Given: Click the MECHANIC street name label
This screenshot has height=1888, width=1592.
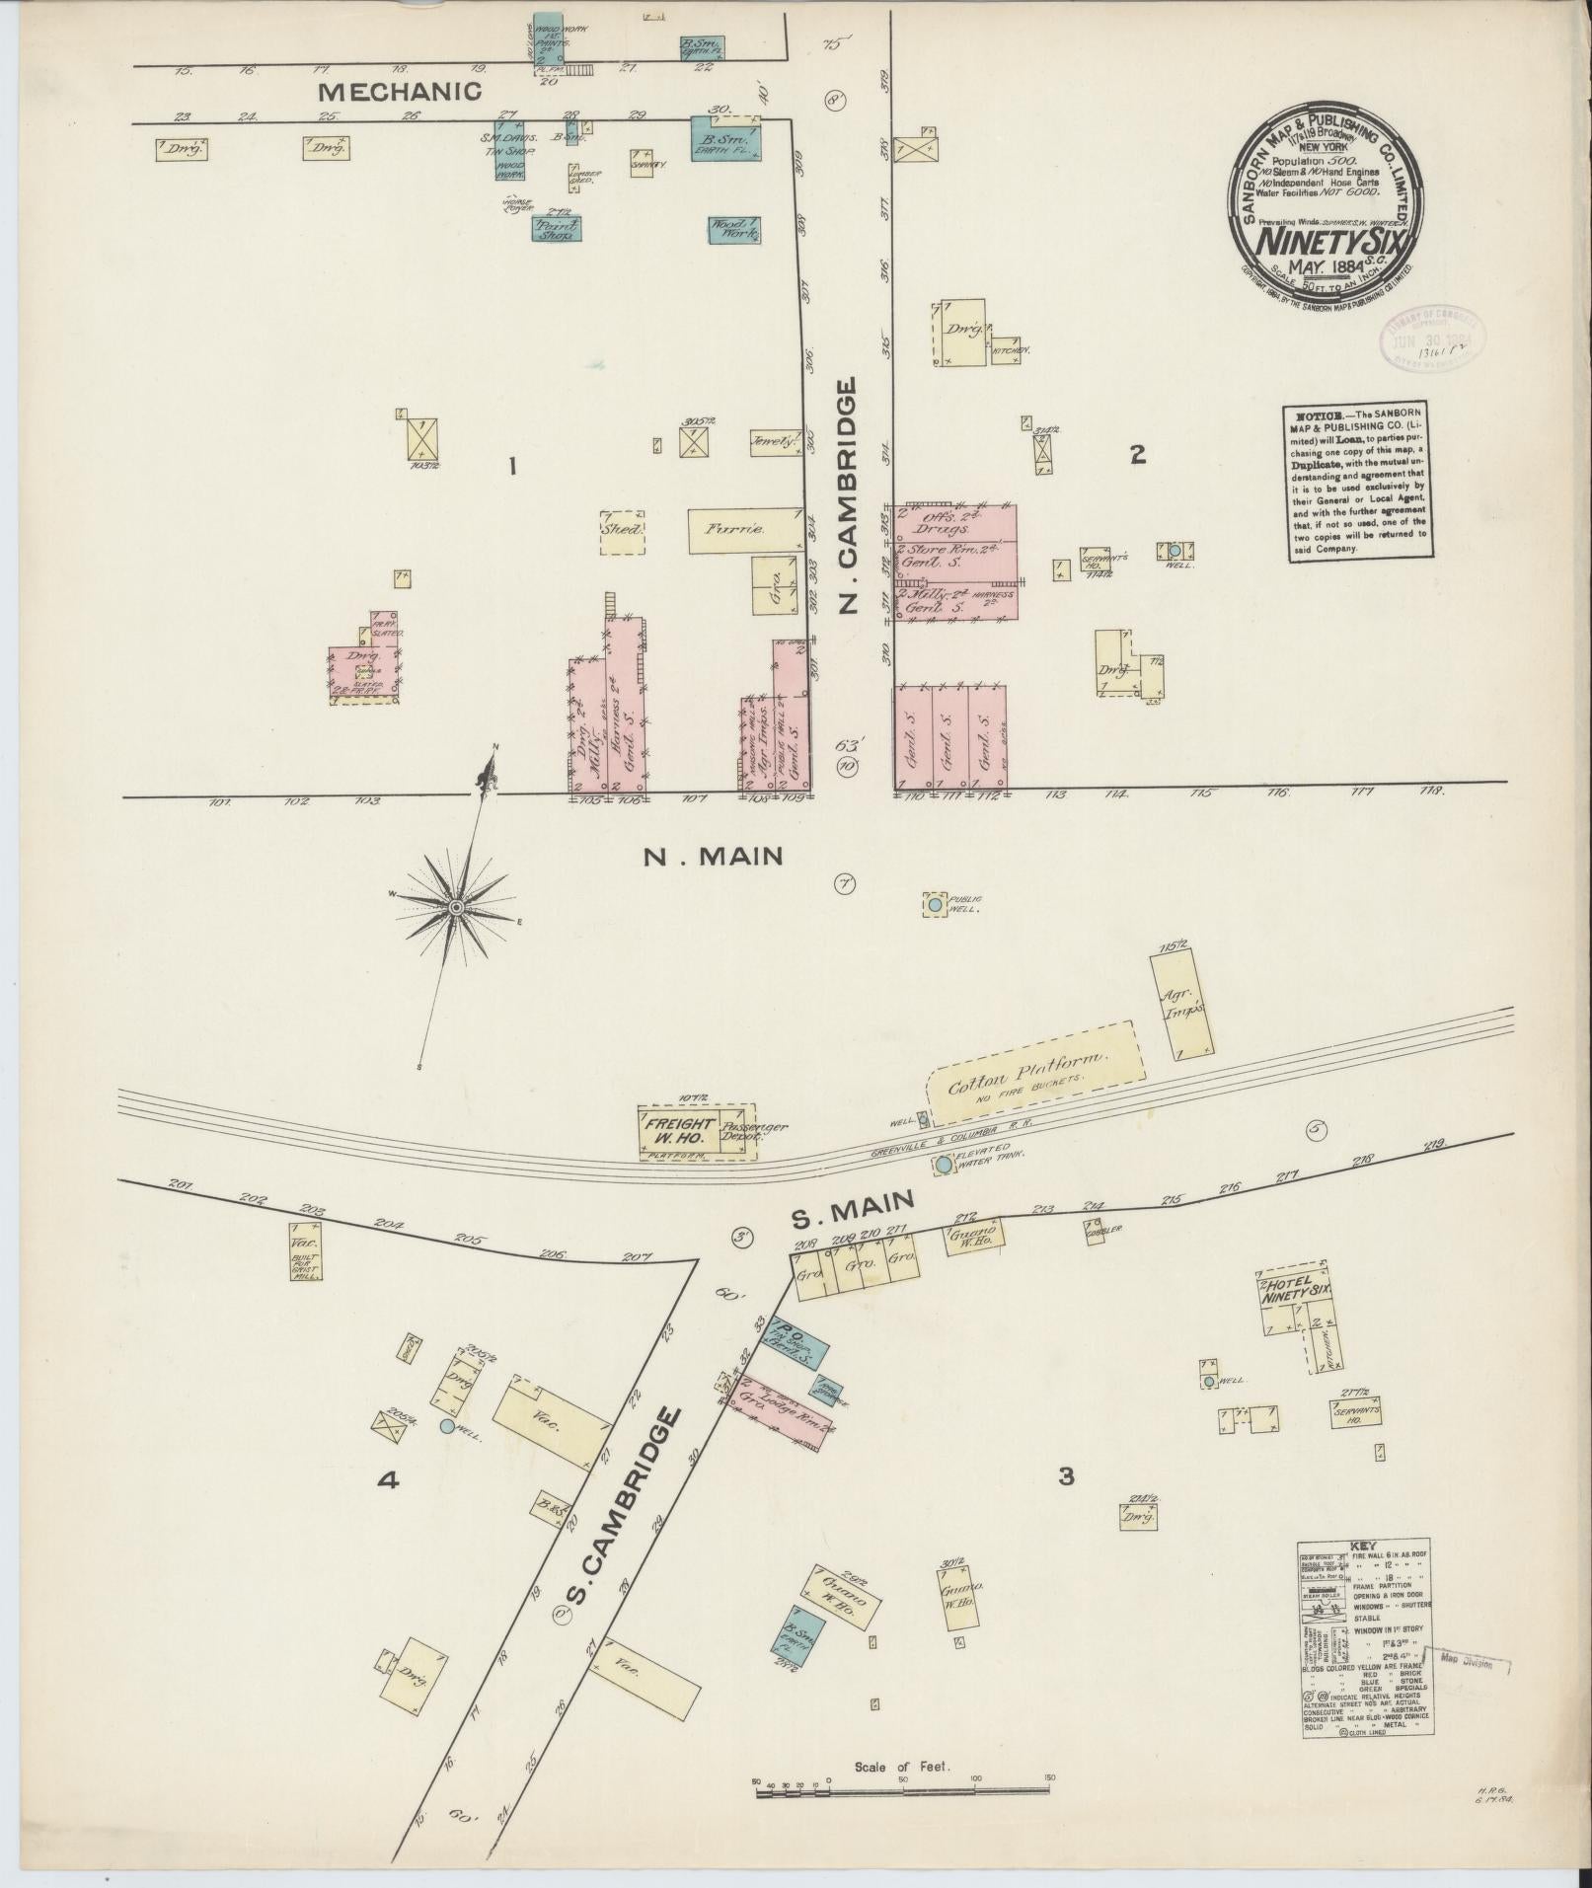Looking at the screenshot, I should coord(401,93).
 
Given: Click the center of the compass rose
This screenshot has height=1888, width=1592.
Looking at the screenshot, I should coord(457,906).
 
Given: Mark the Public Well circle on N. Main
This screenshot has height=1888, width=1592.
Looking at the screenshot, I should coord(933,903).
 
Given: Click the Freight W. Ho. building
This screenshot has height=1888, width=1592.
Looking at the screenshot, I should coord(678,1130).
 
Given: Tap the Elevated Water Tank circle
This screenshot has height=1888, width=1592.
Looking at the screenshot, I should coord(944,1165).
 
